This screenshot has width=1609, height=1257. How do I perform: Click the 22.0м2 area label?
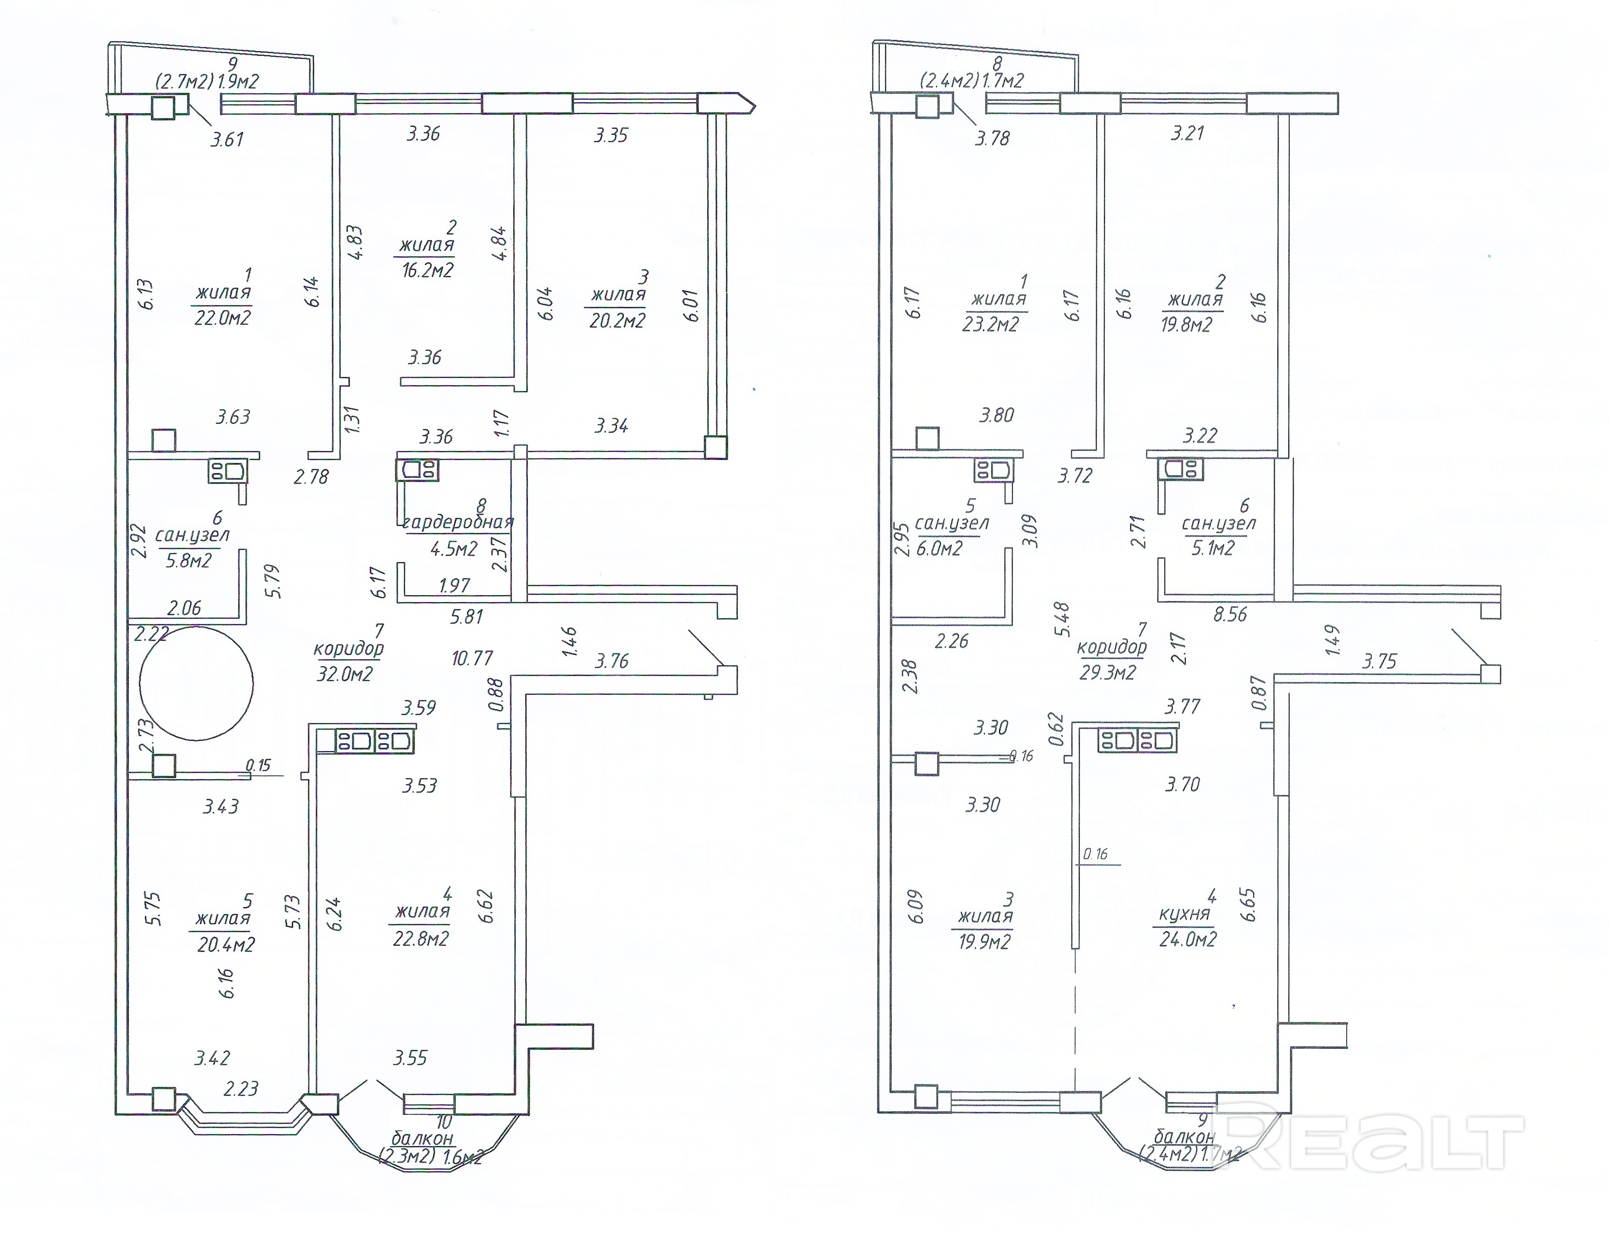222,317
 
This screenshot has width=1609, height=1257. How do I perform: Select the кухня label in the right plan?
1185,914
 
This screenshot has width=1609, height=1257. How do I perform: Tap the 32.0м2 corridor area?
345,674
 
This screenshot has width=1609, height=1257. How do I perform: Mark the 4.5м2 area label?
454,549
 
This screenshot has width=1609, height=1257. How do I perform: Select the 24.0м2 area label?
1187,940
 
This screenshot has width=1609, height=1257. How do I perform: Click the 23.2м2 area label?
991,324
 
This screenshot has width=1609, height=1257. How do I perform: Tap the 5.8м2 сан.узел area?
189,561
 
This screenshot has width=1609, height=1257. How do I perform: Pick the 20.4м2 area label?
226,944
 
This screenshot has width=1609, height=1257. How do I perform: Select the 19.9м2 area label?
984,941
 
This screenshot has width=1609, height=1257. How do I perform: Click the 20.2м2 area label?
617,321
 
